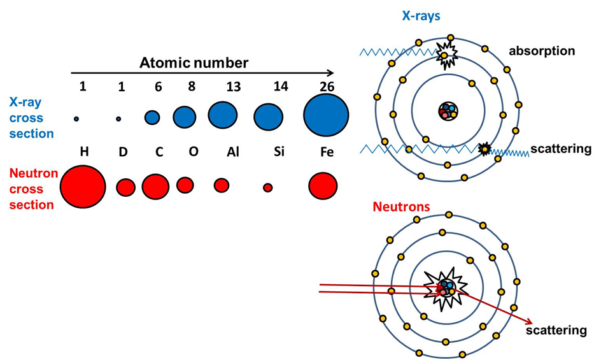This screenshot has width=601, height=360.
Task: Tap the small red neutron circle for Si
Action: [267, 187]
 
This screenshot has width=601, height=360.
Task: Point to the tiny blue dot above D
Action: [118, 119]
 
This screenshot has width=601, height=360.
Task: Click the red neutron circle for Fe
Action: [323, 186]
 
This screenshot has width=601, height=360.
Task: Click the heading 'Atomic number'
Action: [194, 62]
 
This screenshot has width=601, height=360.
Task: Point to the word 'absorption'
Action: [542, 51]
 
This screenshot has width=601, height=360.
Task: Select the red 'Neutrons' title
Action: [401, 207]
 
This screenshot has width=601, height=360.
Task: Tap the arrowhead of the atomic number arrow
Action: [330, 73]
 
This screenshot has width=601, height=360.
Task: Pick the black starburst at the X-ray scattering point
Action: [485, 149]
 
